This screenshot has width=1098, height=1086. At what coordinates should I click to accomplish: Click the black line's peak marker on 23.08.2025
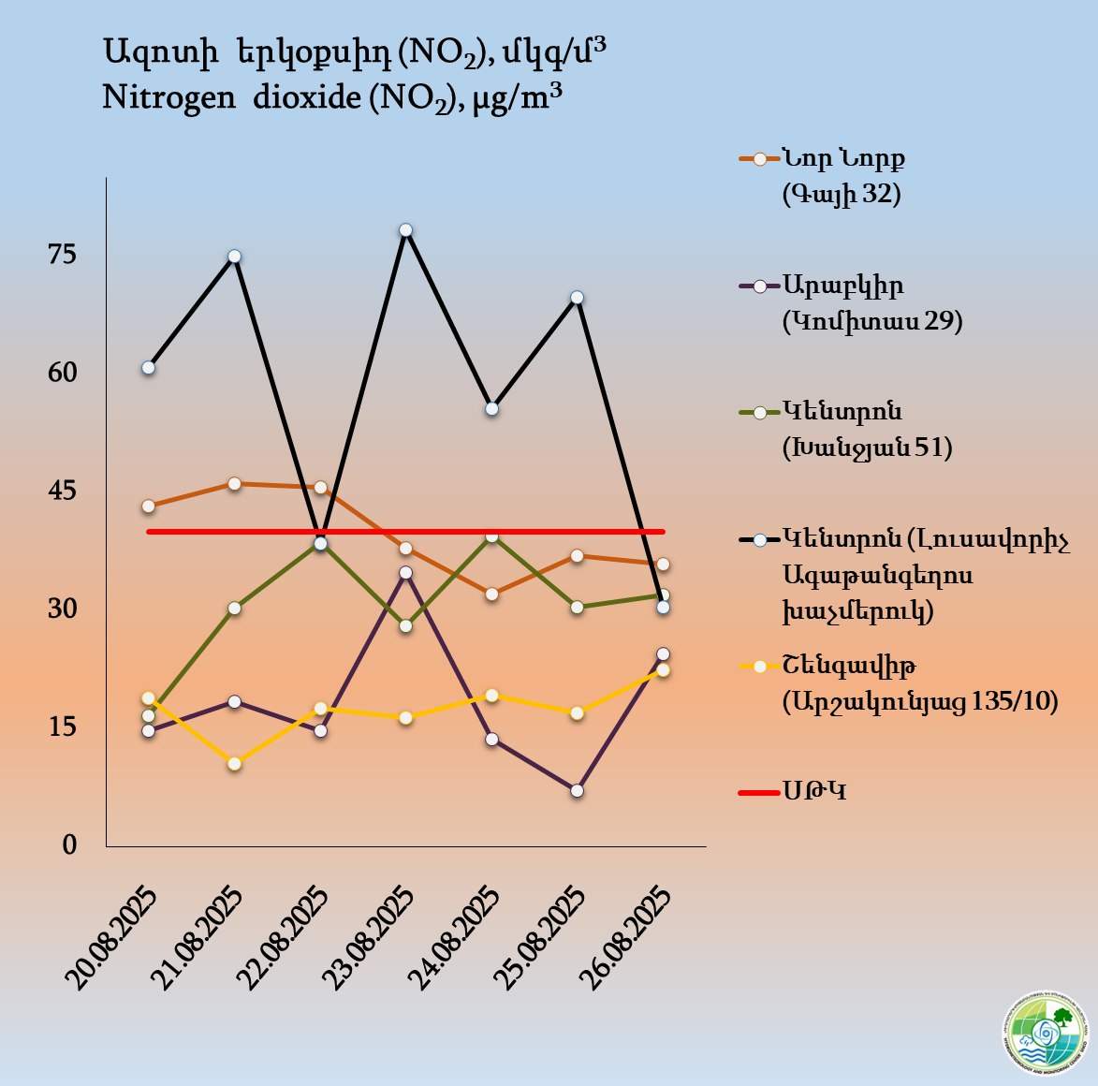click(x=405, y=230)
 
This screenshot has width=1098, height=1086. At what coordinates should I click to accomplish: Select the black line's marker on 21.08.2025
click(x=235, y=257)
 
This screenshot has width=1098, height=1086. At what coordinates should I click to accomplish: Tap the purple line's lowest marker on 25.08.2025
click(x=577, y=791)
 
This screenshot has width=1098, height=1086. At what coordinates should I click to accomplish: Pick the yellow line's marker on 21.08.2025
click(x=235, y=764)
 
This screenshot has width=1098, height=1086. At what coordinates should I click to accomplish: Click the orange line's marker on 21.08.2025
click(x=235, y=484)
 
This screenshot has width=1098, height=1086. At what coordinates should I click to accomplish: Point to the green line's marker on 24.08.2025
click(x=491, y=536)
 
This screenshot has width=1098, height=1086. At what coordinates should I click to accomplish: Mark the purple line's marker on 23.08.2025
click(x=405, y=573)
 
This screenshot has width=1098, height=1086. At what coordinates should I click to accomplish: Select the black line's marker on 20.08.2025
click(x=149, y=368)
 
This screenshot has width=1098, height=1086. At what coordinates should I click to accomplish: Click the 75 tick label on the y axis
click(x=63, y=255)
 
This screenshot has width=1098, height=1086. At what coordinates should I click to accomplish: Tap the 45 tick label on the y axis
click(x=63, y=491)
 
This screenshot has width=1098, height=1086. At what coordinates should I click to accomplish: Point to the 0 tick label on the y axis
click(x=69, y=844)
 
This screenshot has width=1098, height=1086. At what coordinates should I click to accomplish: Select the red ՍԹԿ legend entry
click(x=814, y=792)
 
